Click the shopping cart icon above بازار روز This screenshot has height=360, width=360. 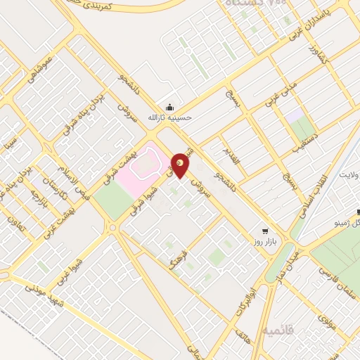point(264,231)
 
